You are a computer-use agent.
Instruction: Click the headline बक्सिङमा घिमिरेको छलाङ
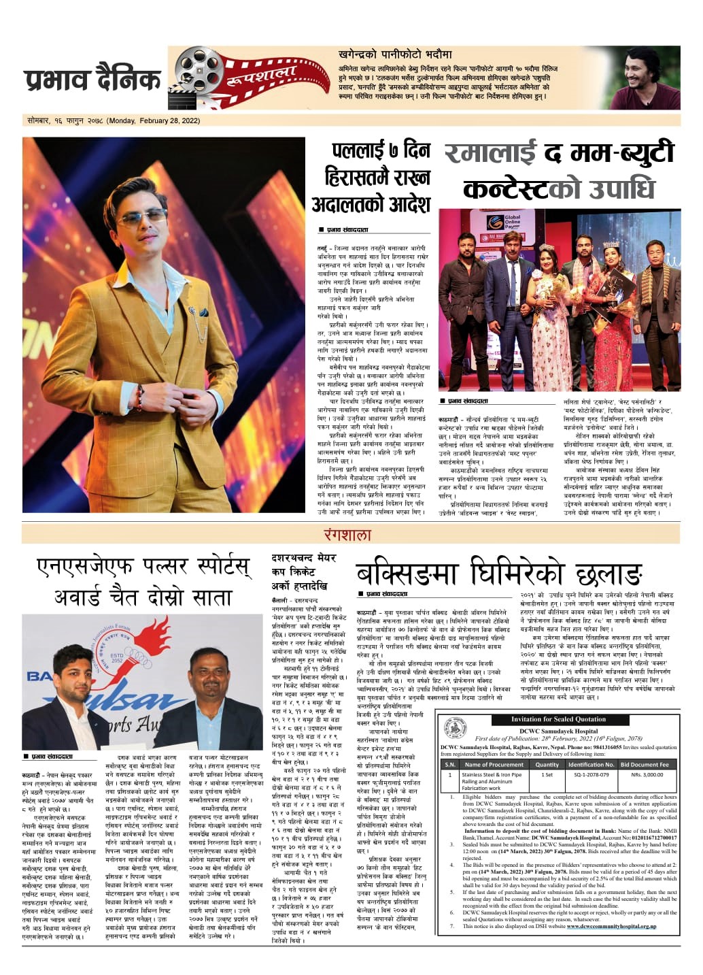(x=498, y=575)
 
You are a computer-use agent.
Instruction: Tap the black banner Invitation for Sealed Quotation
(x=558, y=719)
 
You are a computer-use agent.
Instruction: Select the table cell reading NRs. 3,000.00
(x=645, y=775)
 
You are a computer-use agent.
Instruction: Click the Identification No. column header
(x=591, y=764)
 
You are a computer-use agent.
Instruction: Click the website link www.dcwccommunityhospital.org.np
(x=611, y=926)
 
